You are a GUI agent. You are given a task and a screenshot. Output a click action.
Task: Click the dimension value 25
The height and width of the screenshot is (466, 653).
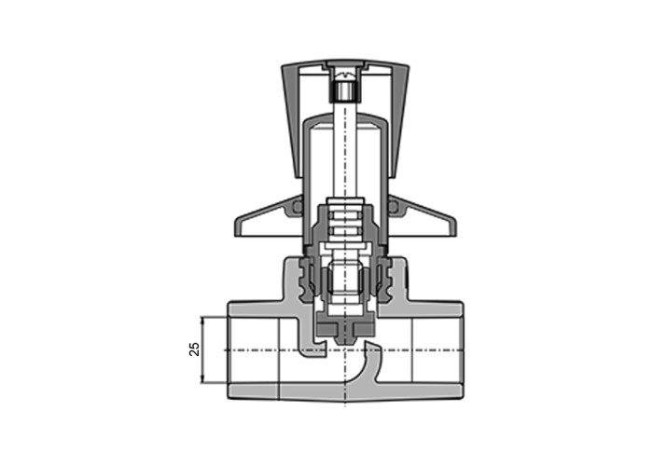coord(194,349)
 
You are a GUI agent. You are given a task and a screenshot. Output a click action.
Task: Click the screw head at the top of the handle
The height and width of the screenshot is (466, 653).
coord(345,75)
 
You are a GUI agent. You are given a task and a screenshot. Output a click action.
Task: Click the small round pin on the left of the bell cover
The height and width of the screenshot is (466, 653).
coord(298,206)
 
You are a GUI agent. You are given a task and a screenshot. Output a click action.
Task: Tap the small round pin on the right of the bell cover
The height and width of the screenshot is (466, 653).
coord(393,206)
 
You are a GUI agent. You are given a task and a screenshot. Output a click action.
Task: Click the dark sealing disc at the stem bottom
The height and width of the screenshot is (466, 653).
coord(345,328)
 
